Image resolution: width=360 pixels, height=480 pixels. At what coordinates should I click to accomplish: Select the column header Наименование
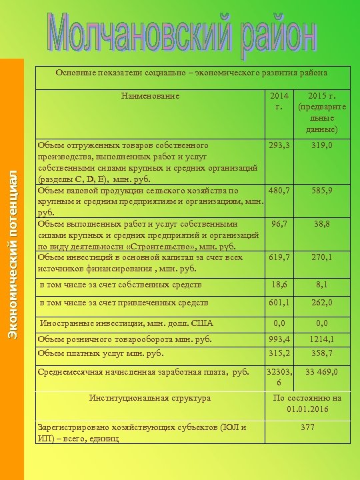click(150, 96)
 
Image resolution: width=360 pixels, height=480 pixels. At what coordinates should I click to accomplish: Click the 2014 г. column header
click(279, 101)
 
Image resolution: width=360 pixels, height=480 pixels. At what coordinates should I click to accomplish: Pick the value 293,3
click(279, 145)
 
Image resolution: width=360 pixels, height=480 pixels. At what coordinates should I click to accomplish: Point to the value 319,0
click(321, 145)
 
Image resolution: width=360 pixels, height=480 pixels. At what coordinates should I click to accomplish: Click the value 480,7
click(279, 190)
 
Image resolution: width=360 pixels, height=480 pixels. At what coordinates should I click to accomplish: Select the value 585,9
click(321, 190)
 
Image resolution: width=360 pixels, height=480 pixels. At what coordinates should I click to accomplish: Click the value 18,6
click(279, 285)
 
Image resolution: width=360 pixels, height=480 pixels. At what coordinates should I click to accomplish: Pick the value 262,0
click(321, 304)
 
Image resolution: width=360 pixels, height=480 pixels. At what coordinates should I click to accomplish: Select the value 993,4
click(279, 340)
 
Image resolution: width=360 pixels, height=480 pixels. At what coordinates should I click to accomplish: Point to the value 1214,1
click(321, 340)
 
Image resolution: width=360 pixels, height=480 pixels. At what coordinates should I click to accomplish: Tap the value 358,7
click(321, 353)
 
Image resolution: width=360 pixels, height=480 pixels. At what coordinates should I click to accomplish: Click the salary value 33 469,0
click(321, 372)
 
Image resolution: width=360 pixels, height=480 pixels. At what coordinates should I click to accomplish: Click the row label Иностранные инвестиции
click(127, 323)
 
